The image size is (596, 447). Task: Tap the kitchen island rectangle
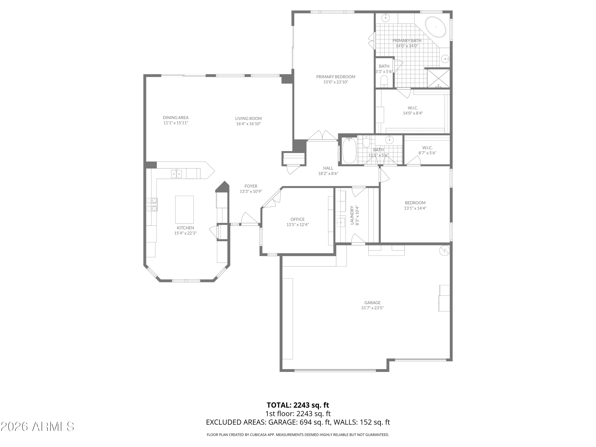coord(184,210)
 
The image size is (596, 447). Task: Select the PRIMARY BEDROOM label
coord(336,77)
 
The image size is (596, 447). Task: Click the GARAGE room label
coord(372,303)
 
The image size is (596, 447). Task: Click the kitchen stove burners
coord(152,204)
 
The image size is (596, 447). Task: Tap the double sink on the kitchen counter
coord(176,174)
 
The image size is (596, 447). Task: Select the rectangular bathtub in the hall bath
coord(349,150)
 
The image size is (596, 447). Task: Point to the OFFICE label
coord(297,219)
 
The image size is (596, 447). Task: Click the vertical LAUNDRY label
coord(352,215)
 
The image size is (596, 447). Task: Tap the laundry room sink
coord(341,223)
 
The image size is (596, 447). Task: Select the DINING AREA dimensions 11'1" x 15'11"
coord(176,123)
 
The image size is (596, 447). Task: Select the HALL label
coord(328,168)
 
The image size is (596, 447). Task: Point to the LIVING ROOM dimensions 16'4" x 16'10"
coord(248,124)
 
